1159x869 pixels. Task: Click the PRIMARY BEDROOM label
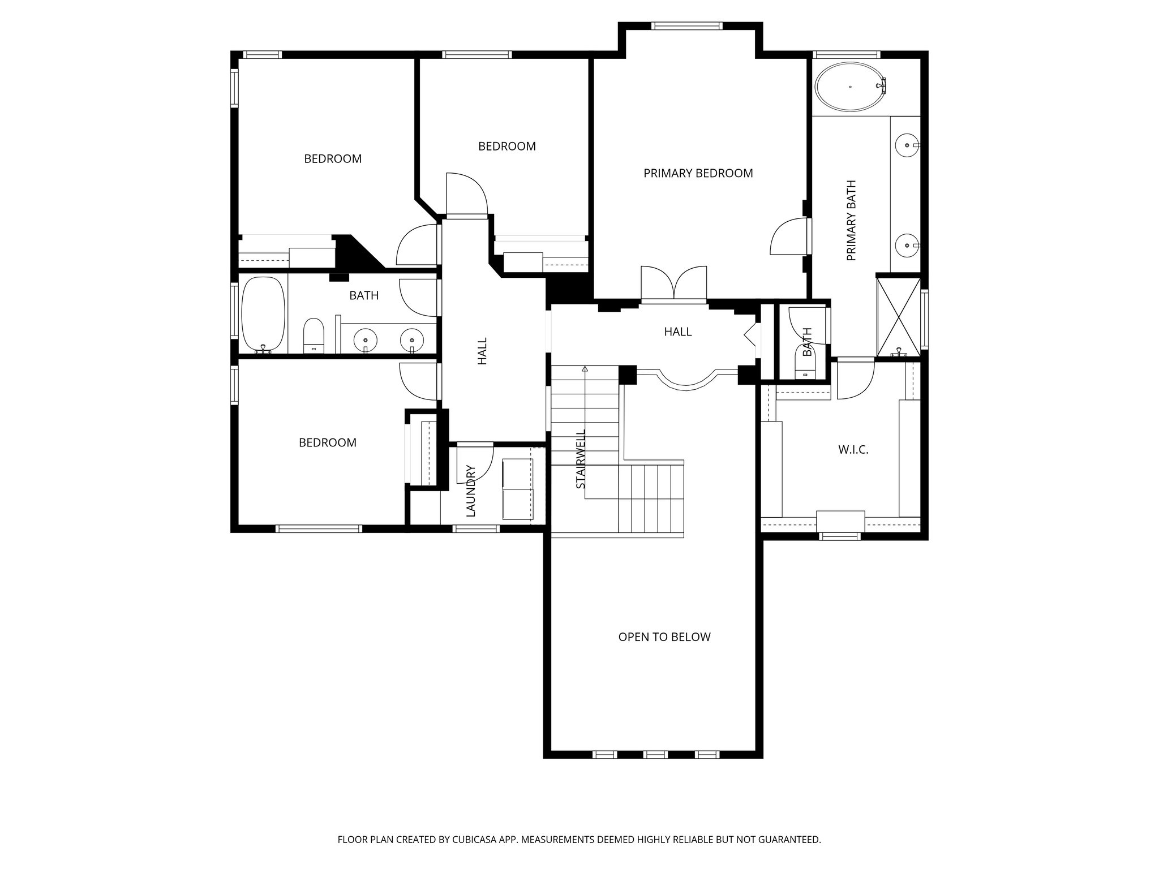(698, 173)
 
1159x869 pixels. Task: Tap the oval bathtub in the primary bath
(849, 87)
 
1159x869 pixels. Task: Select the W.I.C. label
(853, 450)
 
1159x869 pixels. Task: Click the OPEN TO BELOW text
(664, 637)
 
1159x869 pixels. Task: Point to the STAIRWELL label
(581, 459)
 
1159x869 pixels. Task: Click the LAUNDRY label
(471, 491)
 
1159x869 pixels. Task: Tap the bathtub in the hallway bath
(263, 315)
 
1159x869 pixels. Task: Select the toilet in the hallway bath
(313, 335)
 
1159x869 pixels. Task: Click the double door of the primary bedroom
(673, 283)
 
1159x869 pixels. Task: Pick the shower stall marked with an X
(899, 317)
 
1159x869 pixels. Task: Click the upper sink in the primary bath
(907, 145)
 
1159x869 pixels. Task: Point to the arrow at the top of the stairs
(585, 369)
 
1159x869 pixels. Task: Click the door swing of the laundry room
(474, 464)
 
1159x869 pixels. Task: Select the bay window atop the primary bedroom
(686, 25)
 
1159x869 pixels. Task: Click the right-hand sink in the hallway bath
(411, 340)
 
